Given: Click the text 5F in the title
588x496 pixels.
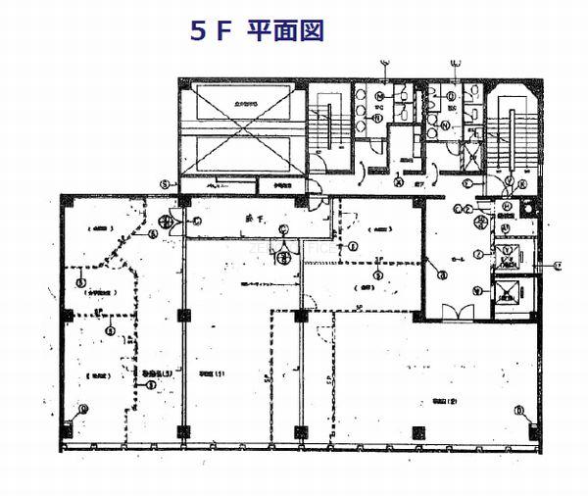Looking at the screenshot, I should (x=210, y=29).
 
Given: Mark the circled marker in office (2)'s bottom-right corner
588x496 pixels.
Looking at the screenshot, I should (x=519, y=411).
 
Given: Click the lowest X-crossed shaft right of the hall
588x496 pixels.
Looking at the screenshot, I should (x=511, y=296).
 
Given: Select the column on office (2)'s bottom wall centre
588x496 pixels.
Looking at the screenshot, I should (x=419, y=430).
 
